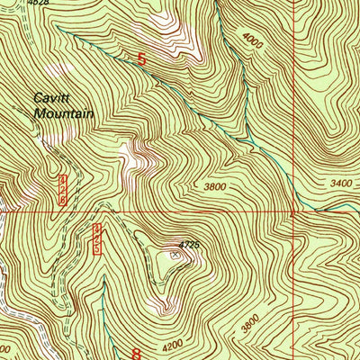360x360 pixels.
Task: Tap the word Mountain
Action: tap(59, 114)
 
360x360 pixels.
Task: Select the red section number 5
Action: tap(141, 59)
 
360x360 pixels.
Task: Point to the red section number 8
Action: tap(138, 354)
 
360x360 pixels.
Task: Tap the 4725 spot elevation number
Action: tap(187, 244)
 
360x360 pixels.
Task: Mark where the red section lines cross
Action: tap(294, 213)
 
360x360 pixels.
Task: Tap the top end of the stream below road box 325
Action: tap(101, 297)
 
